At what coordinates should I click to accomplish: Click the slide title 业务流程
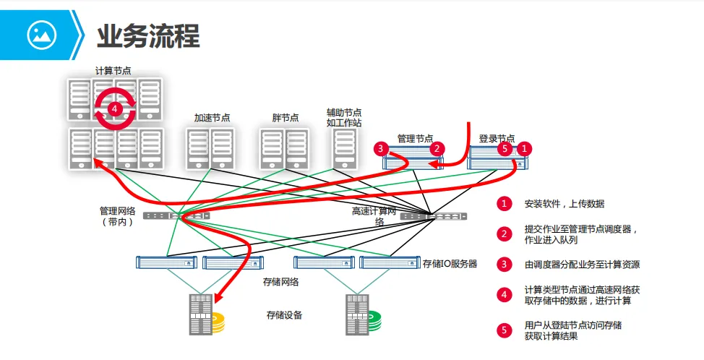[148, 36]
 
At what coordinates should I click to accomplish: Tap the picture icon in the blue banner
[42, 35]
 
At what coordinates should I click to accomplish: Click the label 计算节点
[113, 71]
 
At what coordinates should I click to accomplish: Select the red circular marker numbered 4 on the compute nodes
[115, 108]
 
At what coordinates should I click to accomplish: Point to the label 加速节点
[212, 118]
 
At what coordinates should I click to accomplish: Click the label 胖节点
[285, 118]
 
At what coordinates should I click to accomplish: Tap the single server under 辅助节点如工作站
[345, 149]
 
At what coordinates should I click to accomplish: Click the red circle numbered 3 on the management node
[381, 147]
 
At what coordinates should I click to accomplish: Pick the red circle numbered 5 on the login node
[505, 149]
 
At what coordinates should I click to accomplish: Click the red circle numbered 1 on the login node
[525, 149]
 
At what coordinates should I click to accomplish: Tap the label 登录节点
[497, 138]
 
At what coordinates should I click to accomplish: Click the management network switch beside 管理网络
[176, 215]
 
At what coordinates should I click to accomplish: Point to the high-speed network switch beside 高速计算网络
[433, 216]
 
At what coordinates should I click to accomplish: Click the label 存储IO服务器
[450, 263]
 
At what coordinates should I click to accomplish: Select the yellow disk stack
[218, 322]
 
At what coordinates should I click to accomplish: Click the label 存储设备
[284, 315]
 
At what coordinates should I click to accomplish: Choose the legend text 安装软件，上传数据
[565, 204]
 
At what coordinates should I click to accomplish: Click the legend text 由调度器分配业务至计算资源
[582, 265]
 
